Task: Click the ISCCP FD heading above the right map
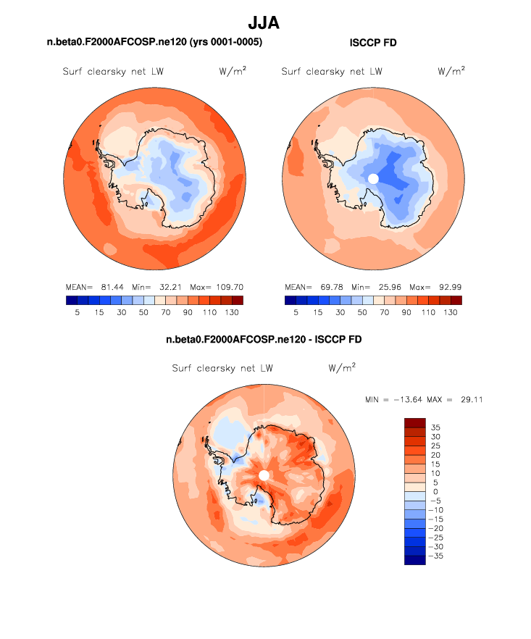pyautogui.click(x=373, y=43)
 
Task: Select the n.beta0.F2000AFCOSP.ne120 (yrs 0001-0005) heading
pyautogui.click(x=154, y=43)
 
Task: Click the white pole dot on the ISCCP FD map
pyautogui.click(x=373, y=178)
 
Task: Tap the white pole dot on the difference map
pyautogui.click(x=264, y=475)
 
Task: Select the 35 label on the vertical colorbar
pyautogui.click(x=435, y=427)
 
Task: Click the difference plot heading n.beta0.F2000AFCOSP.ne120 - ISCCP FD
pyautogui.click(x=264, y=339)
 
